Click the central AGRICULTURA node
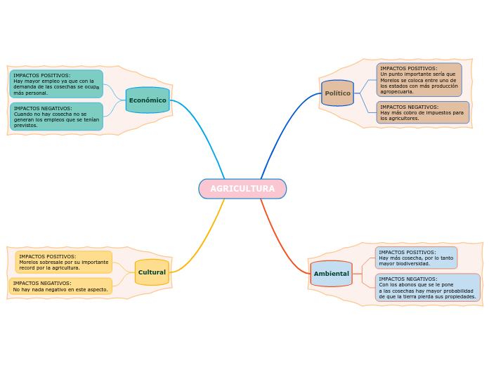click(242, 189)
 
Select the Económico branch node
click(148, 100)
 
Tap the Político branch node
click(337, 93)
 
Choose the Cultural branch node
click(152, 272)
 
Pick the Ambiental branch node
click(331, 274)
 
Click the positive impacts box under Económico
click(56, 84)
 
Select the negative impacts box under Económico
click(56, 117)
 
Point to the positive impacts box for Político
click(419, 80)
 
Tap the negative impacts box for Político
click(422, 112)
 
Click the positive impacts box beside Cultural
click(63, 262)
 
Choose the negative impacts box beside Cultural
click(60, 286)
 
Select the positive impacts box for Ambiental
click(416, 258)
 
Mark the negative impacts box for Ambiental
click(427, 288)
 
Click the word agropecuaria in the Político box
click(397, 92)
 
